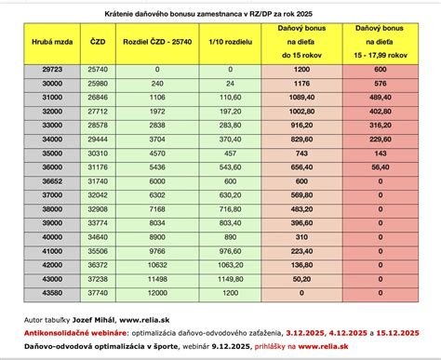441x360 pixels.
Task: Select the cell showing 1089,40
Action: [300, 121]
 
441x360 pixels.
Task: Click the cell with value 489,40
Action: [381, 121]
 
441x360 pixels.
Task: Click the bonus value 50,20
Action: [300, 278]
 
